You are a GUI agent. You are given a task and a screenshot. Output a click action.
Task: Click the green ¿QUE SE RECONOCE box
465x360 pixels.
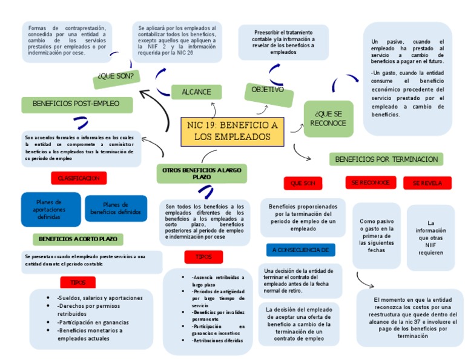(328, 119)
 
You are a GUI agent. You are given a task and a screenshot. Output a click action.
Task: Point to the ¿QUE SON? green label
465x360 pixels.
(116, 76)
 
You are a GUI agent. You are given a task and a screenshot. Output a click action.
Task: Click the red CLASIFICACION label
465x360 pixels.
(79, 178)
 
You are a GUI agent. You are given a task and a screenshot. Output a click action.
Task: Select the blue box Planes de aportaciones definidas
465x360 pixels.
(50, 209)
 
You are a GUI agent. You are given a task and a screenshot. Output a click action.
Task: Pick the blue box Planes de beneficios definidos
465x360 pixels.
(116, 208)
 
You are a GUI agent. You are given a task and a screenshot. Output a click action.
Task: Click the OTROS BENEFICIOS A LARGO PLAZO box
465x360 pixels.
(202, 173)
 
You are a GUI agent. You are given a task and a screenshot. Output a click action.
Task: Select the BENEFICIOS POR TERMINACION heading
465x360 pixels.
(386, 159)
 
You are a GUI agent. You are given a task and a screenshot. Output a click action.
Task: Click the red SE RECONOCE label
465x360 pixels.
(371, 182)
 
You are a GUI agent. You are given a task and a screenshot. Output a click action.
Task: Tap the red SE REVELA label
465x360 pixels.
(427, 183)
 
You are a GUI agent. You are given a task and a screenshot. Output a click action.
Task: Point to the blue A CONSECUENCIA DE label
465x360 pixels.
(300, 250)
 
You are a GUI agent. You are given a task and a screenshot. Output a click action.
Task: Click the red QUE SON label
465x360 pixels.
(303, 183)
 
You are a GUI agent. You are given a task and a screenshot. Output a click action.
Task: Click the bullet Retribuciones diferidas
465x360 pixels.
(217, 341)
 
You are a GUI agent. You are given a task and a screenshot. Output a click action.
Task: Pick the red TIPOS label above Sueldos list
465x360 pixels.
(78, 282)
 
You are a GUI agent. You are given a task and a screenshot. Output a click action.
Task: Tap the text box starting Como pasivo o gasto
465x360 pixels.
(376, 236)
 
